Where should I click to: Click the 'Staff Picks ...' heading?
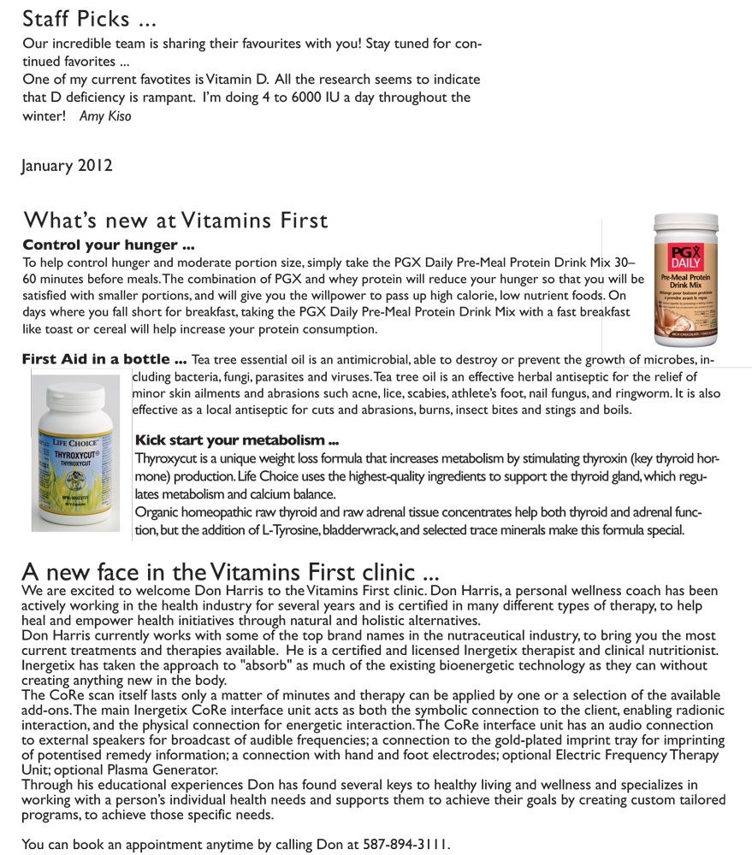tap(90, 18)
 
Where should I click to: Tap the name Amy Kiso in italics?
tap(105, 116)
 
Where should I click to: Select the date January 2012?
tap(67, 165)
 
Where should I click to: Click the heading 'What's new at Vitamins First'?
tap(175, 221)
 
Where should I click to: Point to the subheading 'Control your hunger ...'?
tap(109, 245)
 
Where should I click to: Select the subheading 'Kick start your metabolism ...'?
tap(237, 441)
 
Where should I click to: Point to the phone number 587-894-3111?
tap(404, 845)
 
